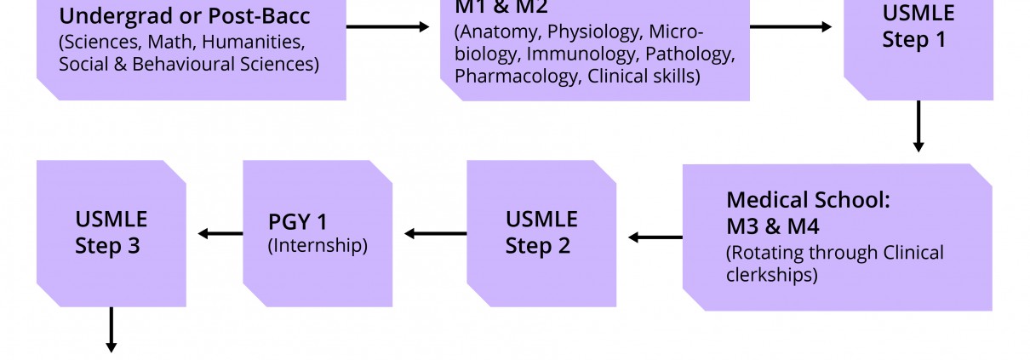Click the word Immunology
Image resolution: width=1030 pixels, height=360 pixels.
point(578,54)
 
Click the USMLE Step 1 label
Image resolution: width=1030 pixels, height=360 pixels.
point(918,26)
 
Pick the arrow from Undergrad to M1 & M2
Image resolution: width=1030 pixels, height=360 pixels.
point(388,26)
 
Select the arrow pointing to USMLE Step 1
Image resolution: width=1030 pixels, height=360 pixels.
point(791,26)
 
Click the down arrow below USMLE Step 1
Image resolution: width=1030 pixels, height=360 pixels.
point(918,126)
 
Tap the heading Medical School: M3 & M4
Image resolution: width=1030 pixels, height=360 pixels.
point(807,213)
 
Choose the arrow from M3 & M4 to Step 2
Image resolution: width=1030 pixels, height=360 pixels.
point(655,237)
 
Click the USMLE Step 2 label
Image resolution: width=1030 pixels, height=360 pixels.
point(541,232)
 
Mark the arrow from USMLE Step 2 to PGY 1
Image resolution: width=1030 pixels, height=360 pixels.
point(435,233)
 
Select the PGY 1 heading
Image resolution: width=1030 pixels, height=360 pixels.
point(297,222)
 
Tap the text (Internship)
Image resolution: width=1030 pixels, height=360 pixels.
point(318,246)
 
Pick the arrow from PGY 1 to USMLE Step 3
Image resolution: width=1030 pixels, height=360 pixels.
point(220,233)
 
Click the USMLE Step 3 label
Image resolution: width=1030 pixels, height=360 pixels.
point(111,232)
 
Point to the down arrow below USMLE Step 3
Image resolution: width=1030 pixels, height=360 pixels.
point(111,329)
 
